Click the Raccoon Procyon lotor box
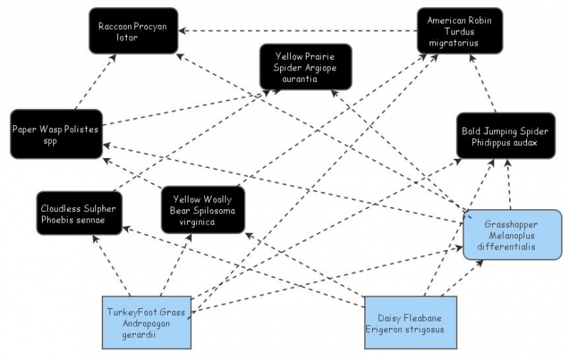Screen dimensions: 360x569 tap(133, 31)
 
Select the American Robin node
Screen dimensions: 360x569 tap(460, 31)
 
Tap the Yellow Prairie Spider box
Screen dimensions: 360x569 tap(305, 67)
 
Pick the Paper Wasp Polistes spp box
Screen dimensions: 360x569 tap(55, 134)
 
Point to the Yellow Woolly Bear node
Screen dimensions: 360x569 tap(203, 209)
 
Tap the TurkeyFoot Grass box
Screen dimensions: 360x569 tap(146, 322)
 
